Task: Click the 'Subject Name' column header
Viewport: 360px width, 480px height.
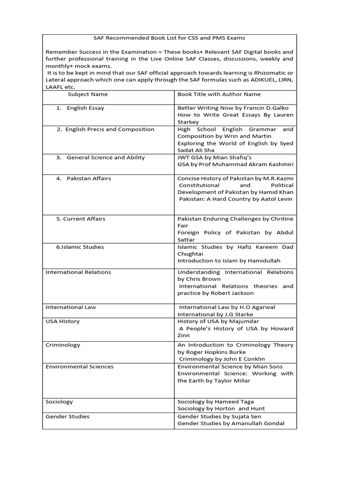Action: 88,94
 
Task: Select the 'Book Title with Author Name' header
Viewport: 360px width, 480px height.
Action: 212,94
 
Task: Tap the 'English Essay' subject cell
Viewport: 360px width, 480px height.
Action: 85,108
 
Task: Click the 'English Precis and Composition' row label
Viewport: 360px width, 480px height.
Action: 110,129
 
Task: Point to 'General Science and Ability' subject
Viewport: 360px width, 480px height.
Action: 105,157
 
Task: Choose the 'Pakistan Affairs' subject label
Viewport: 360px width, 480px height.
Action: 89,179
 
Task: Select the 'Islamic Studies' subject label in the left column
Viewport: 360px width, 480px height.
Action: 80,247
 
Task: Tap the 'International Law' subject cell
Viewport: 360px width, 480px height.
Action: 70,307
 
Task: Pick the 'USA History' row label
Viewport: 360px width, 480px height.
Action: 62,322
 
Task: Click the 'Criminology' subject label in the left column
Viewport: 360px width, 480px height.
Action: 63,345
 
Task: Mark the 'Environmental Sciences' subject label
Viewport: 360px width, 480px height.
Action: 79,367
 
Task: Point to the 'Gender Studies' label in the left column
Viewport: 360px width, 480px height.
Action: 67,416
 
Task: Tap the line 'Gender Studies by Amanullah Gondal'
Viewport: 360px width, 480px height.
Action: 231,424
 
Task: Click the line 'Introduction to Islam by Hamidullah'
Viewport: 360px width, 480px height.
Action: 229,261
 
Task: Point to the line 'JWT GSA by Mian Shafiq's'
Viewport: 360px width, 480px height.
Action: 214,157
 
